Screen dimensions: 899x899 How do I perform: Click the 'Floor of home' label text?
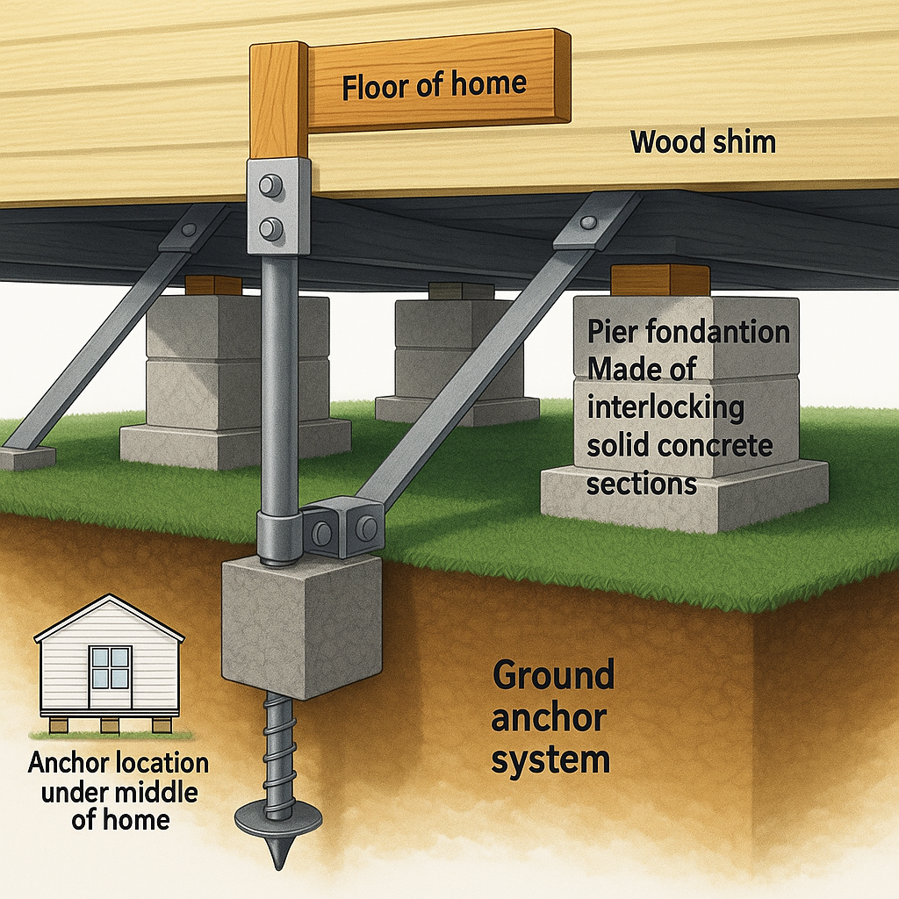(x=434, y=85)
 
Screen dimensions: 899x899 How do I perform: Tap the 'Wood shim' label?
(x=703, y=142)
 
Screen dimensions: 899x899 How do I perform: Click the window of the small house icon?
(x=110, y=667)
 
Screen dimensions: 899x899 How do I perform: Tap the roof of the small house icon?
(x=109, y=618)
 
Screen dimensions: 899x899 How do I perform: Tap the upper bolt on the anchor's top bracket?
(x=271, y=185)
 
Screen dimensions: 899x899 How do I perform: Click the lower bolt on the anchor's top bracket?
(x=271, y=229)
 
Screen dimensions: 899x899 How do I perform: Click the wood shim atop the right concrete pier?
(x=660, y=280)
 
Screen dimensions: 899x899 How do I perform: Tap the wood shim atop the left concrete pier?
(x=213, y=285)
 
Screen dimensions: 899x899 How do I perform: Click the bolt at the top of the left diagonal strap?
(x=187, y=231)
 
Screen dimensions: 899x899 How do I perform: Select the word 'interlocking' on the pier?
(x=665, y=407)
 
